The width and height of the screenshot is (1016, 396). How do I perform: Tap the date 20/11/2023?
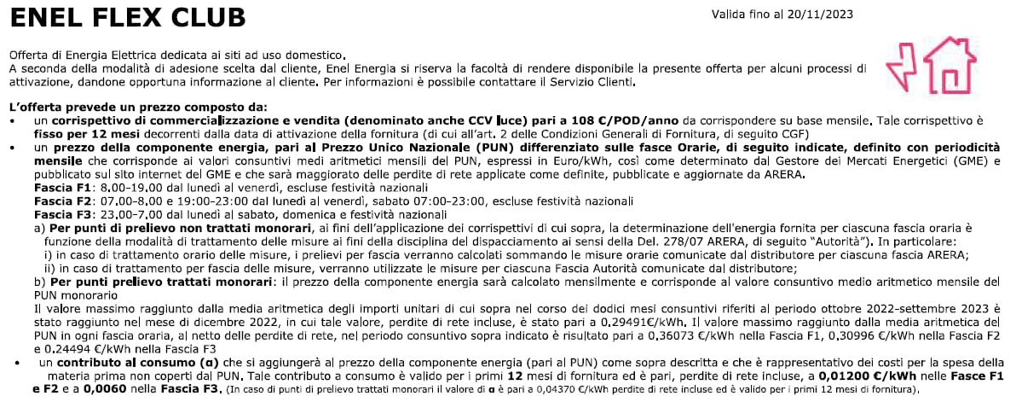822,15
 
